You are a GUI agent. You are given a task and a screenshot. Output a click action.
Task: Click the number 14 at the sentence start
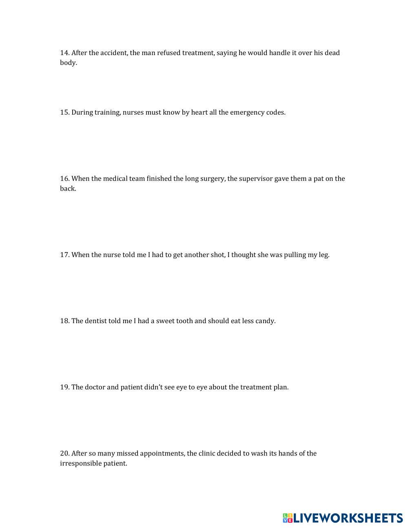point(64,53)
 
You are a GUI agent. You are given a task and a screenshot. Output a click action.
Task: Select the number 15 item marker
point(64,112)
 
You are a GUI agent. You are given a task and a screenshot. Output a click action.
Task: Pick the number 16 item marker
point(64,178)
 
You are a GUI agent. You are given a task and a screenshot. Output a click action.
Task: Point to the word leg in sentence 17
point(324,255)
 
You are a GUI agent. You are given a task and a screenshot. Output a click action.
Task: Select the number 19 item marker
point(64,387)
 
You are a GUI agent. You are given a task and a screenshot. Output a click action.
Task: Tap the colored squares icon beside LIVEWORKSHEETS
point(288,518)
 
